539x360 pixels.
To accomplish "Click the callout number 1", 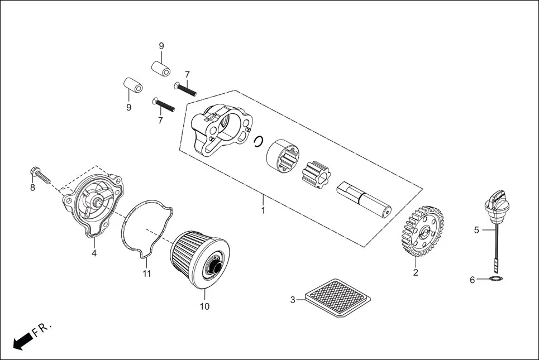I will [263, 211].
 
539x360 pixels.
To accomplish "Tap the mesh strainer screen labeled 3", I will [335, 299].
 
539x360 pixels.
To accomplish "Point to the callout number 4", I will [94, 253].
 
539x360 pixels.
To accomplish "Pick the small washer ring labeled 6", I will [495, 279].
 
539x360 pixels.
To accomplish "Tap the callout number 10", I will [204, 306].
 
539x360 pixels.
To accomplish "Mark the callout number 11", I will [146, 273].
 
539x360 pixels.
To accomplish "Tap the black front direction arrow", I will [22, 341].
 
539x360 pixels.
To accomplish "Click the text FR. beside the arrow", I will [42, 329].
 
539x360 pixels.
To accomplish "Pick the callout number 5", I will [476, 229].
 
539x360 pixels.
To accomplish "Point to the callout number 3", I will [292, 300].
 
